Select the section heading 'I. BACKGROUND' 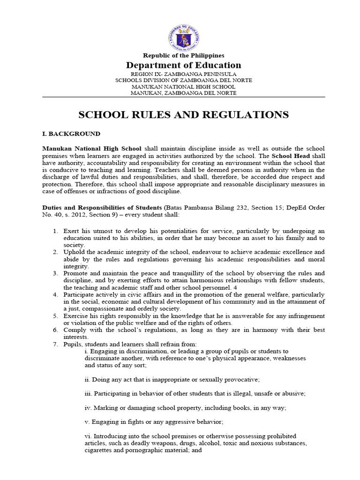pos(71,134)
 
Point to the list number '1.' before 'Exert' pos(55,232)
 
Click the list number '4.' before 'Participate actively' pos(55,294)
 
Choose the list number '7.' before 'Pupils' pos(55,344)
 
